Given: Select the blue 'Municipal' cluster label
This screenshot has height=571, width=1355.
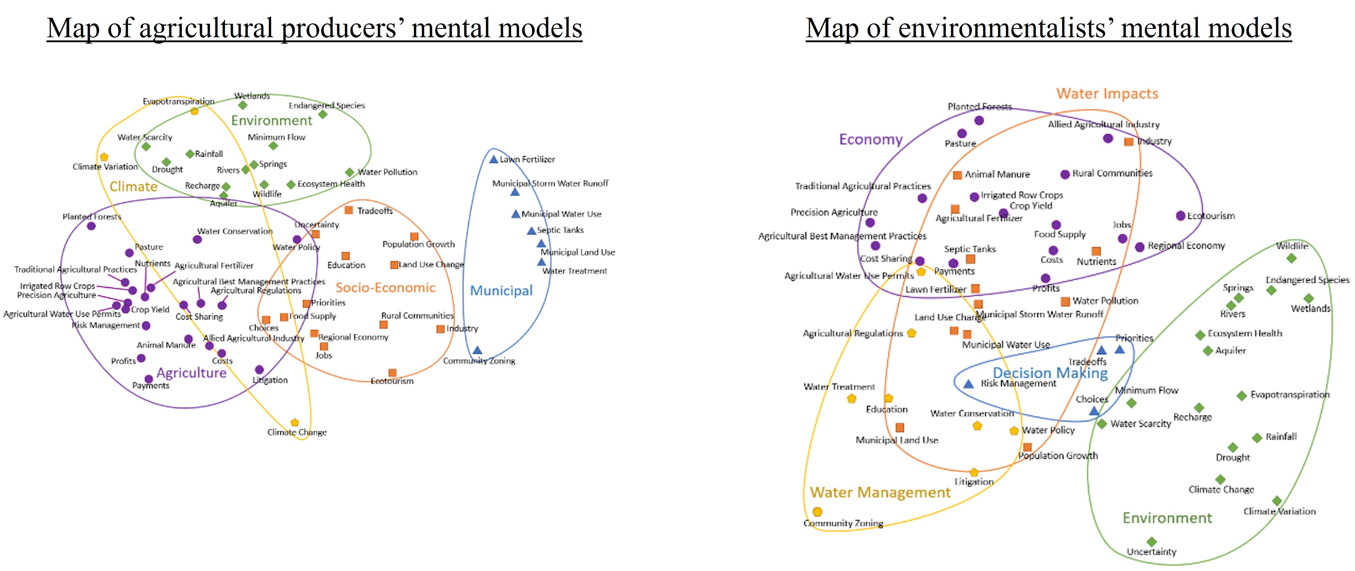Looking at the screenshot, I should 501,290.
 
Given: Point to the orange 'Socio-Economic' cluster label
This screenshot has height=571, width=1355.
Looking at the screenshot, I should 386,287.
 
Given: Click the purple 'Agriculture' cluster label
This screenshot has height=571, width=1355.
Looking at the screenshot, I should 191,373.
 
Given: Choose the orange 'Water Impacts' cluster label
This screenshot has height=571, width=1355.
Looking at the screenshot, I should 1107,94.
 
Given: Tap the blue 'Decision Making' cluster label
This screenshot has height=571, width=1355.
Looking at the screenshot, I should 1050,373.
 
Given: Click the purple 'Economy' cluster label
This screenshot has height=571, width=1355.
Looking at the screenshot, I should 870,139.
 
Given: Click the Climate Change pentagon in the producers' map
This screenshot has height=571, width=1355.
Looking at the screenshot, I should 295,423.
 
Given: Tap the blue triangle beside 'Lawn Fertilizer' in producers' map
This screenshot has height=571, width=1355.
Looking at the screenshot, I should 493,159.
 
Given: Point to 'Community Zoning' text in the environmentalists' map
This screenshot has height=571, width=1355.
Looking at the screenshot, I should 843,523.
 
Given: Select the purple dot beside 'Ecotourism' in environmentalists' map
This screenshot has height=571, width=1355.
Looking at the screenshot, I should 1180,216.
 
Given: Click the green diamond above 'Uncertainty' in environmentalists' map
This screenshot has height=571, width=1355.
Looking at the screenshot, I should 1152,542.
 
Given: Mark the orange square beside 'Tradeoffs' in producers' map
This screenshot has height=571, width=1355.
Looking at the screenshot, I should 348,210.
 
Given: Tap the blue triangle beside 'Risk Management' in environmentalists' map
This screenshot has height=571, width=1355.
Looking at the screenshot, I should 968,384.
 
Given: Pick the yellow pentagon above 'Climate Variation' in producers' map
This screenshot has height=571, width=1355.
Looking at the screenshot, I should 104,157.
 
